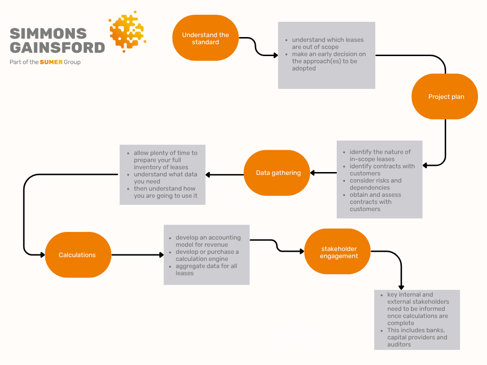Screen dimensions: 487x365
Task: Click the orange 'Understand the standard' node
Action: tap(205, 38)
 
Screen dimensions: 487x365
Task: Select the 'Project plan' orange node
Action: tap(445, 96)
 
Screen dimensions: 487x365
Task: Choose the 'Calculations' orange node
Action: tap(78, 255)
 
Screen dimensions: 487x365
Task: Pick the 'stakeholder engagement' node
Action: tap(338, 252)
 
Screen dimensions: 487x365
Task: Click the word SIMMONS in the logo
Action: tap(48, 34)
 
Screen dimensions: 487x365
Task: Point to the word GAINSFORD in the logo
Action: tap(58, 48)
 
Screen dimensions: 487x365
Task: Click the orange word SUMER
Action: tap(51, 62)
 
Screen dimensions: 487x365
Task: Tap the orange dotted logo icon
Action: tap(127, 31)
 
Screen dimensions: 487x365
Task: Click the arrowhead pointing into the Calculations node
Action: tap(42, 255)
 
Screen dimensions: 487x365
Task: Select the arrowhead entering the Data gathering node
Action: tap(312, 173)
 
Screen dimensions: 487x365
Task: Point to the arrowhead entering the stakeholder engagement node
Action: tap(302, 251)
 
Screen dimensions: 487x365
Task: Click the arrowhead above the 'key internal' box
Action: tap(401, 288)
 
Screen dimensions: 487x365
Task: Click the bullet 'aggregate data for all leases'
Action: tap(203, 270)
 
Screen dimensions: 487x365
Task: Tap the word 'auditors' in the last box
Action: tap(399, 345)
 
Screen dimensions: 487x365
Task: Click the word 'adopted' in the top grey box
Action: tap(304, 68)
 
